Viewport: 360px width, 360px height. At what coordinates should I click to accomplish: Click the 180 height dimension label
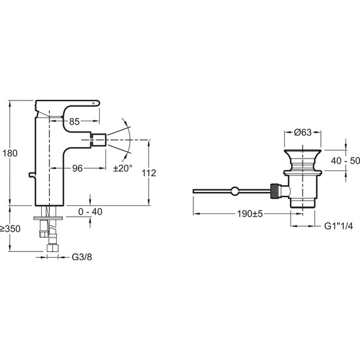click(10, 153)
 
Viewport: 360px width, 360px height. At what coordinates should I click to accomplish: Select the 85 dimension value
click(74, 122)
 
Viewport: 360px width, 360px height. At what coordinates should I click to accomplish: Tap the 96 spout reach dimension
click(78, 169)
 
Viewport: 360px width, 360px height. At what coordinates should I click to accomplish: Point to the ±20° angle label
click(123, 169)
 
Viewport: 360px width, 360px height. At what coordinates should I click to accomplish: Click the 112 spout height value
click(149, 173)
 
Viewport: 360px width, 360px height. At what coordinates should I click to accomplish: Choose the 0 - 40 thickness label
click(90, 212)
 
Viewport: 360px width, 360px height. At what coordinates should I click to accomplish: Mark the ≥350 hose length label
click(10, 229)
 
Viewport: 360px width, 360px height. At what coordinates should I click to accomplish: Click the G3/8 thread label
click(81, 257)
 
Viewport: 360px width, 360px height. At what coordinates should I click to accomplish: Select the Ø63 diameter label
click(303, 132)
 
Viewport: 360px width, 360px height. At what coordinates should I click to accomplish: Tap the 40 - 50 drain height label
click(345, 161)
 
